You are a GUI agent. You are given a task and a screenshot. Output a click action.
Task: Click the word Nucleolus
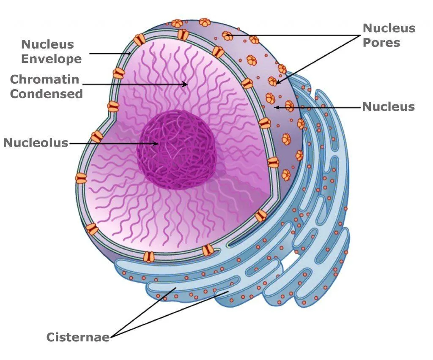click(36, 143)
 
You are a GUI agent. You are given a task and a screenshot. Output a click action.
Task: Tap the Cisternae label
click(78, 337)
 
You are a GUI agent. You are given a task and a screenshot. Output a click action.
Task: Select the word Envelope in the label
click(51, 59)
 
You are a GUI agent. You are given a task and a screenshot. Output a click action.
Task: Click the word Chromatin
click(44, 79)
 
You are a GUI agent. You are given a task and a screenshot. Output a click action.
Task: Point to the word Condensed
click(46, 93)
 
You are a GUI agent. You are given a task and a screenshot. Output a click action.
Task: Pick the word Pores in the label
click(381, 43)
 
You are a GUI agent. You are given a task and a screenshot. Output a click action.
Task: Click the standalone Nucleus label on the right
click(388, 106)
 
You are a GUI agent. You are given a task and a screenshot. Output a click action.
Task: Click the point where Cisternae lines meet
click(111, 337)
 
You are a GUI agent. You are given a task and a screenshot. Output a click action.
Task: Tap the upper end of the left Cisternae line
click(176, 288)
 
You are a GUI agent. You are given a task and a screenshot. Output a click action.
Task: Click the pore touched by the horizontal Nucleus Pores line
click(228, 36)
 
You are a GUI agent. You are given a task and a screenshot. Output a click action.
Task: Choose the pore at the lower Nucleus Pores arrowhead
click(273, 81)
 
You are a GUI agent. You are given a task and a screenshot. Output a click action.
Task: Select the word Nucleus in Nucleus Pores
click(389, 28)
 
